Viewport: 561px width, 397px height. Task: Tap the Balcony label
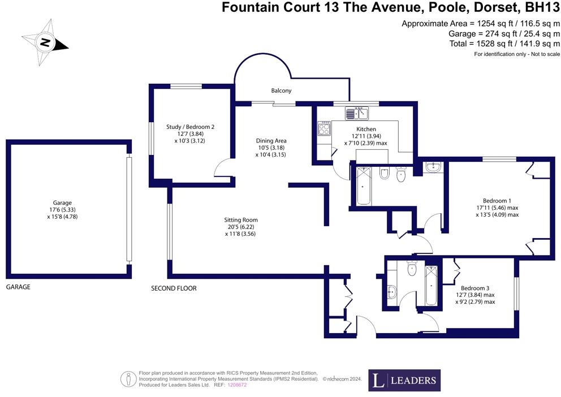tap(281, 90)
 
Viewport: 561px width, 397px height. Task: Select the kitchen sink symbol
tap(357, 113)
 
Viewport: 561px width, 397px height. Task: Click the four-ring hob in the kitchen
tap(325, 130)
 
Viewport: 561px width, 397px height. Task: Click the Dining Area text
tap(271, 140)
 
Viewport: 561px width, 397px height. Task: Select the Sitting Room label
tap(241, 219)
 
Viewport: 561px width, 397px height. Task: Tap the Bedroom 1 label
tap(497, 200)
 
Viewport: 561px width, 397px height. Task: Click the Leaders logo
tap(404, 381)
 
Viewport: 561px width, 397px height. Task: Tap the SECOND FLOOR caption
tap(174, 288)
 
